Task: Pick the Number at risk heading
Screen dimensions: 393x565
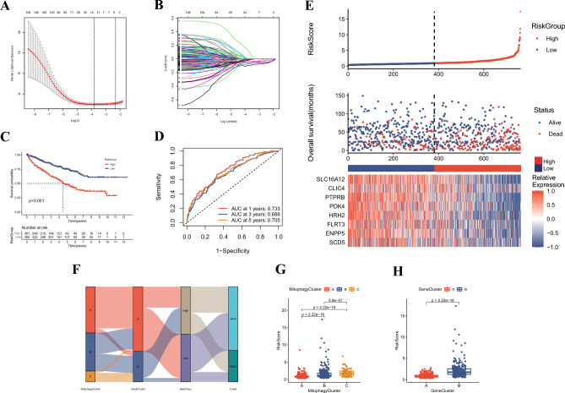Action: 35,218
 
